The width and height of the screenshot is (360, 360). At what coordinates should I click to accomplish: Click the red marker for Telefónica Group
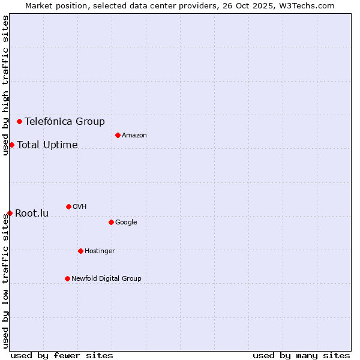pos(19,121)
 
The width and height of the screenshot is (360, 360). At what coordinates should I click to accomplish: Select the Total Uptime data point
pos(11,145)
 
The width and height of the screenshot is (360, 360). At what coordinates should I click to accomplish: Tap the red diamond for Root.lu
pos(10,213)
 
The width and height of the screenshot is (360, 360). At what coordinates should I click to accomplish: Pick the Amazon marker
pos(118,135)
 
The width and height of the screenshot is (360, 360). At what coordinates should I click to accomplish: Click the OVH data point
pos(68,206)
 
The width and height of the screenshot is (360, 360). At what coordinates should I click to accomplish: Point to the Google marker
pos(111,222)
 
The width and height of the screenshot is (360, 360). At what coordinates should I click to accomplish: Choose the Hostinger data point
pos(80,251)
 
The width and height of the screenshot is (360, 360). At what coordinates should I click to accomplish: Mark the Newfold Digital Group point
pos(67,278)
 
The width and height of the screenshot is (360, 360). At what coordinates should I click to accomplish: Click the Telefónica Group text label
pos(65,122)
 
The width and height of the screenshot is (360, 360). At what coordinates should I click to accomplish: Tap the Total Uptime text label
pos(47,145)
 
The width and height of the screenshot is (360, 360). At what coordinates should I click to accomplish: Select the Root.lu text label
pos(32,213)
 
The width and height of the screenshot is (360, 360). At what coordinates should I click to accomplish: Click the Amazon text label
pos(134,136)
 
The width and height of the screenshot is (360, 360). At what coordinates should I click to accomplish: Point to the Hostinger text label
pos(100,251)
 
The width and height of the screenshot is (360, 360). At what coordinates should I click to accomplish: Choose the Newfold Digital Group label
pos(106,278)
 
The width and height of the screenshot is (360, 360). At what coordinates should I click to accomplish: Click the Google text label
pos(126,223)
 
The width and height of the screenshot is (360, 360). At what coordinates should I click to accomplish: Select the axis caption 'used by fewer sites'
pos(62,355)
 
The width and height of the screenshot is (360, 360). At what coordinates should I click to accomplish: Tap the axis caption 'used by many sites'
pos(301,355)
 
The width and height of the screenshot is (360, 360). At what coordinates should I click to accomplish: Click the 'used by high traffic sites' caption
pos(6,85)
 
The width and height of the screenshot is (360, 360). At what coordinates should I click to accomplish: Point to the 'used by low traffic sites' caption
pos(6,280)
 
